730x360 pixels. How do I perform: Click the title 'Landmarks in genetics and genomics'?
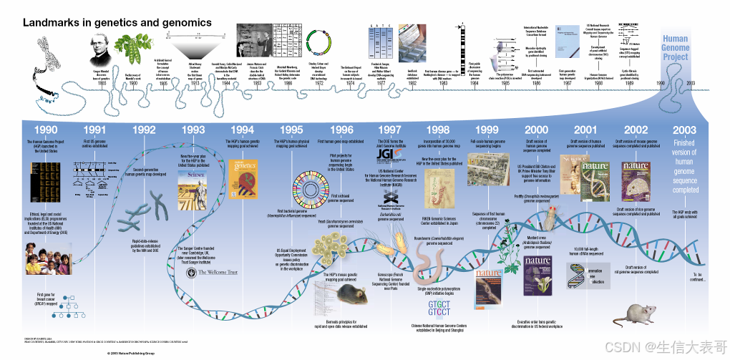click(x=117, y=23)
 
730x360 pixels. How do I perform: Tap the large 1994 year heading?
click(x=242, y=130)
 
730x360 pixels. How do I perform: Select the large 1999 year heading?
click(x=487, y=130)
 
